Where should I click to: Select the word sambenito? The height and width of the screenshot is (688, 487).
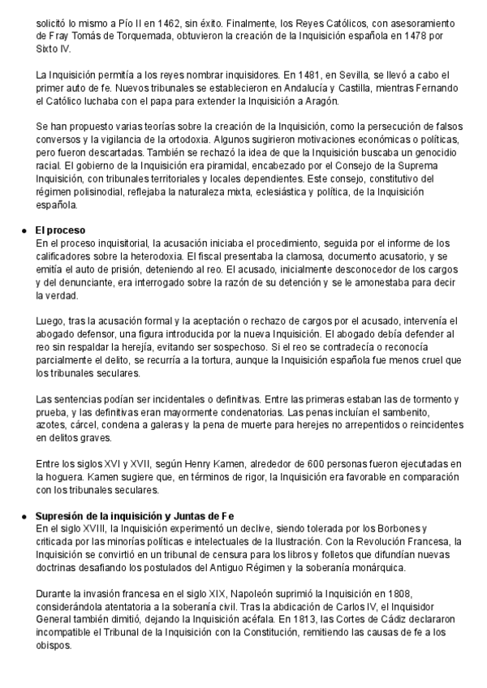423,411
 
